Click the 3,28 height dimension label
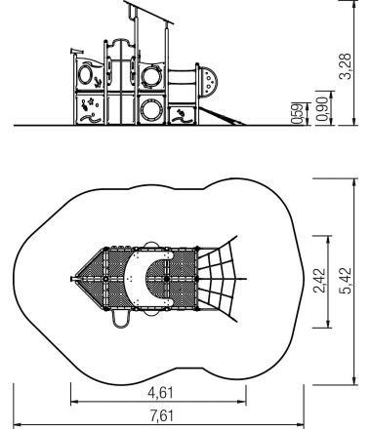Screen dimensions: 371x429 click(x=346, y=66)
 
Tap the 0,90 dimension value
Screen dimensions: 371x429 click(x=322, y=109)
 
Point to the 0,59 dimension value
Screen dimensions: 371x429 click(x=296, y=114)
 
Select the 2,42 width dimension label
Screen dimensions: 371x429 click(x=319, y=281)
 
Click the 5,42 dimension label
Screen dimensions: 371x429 click(x=346, y=281)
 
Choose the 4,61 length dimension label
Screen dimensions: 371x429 click(x=160, y=393)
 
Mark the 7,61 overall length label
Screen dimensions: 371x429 click(x=162, y=415)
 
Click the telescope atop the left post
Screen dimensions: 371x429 click(x=77, y=51)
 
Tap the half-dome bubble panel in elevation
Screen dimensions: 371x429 click(x=208, y=82)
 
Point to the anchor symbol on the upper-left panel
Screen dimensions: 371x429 click(x=97, y=83)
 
